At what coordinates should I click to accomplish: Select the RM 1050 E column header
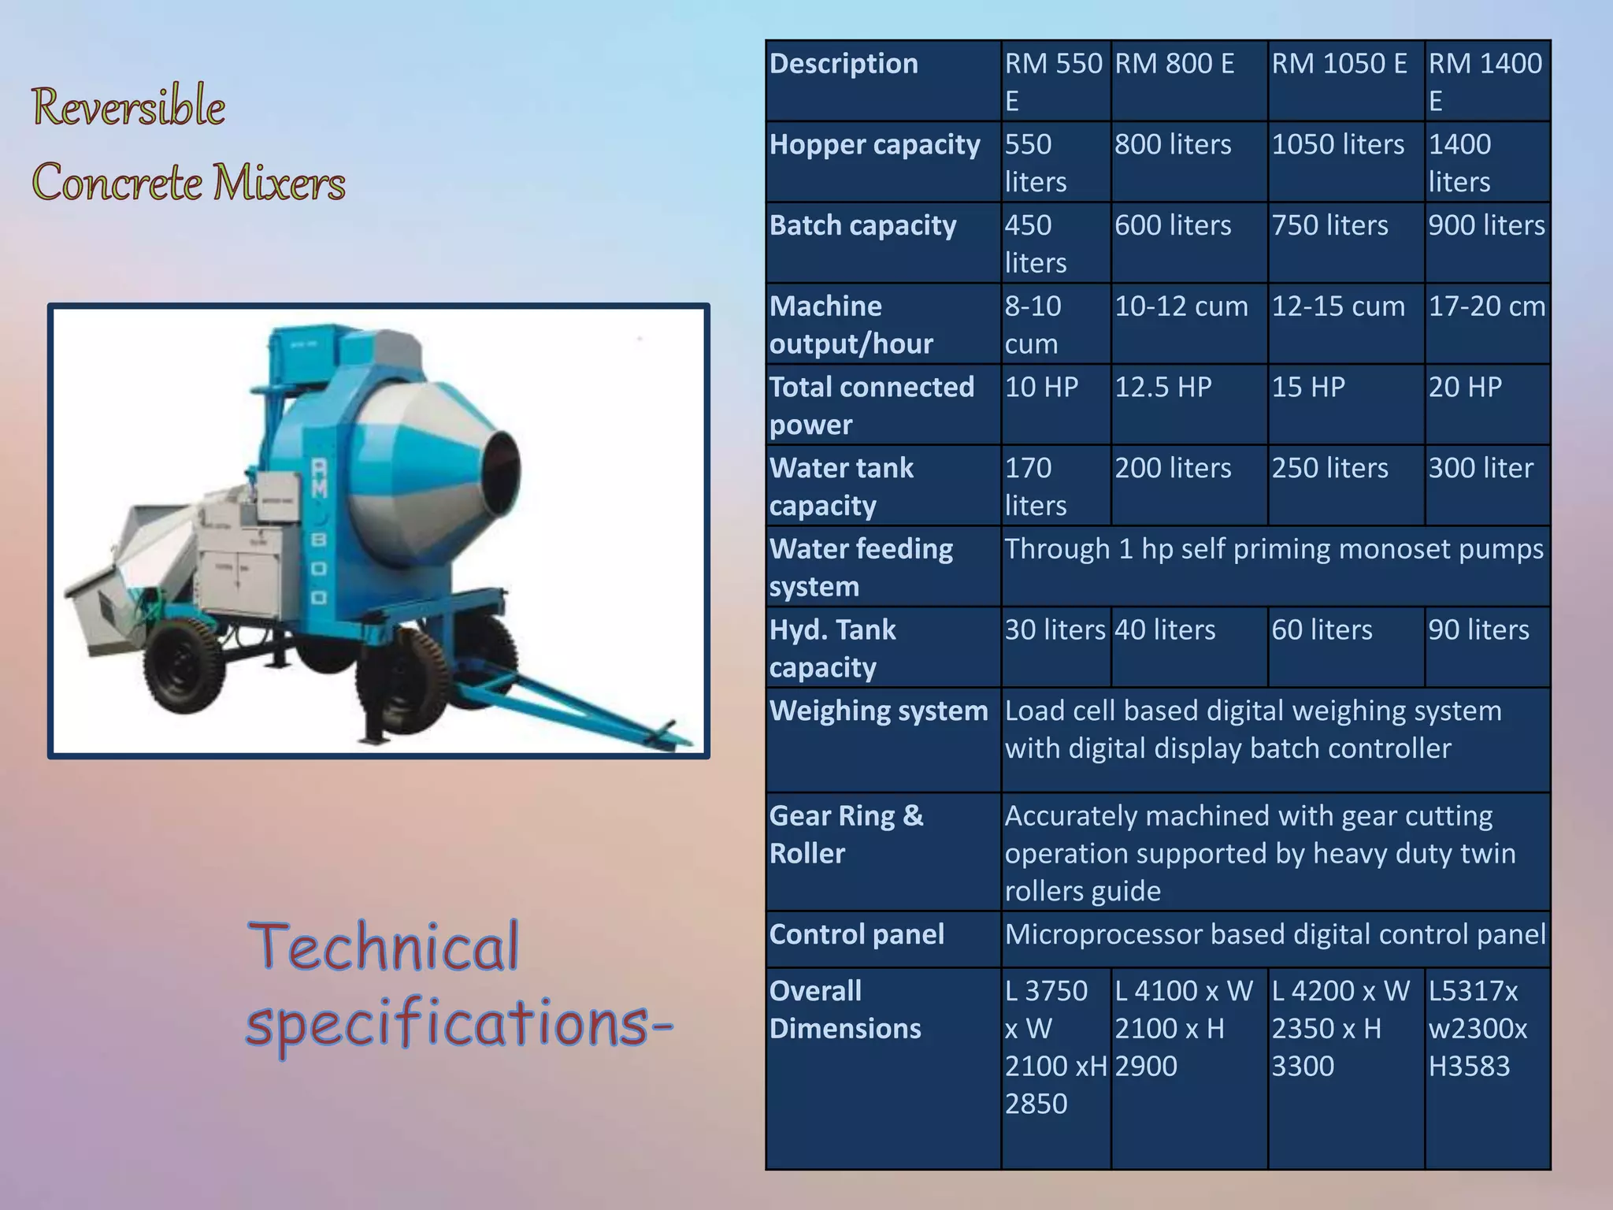[x=1339, y=65]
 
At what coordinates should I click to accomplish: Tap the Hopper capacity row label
[x=874, y=145]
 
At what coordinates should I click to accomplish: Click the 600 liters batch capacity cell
[x=1172, y=226]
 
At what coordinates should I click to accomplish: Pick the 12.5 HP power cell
[x=1162, y=388]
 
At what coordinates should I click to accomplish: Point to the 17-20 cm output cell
[x=1486, y=306]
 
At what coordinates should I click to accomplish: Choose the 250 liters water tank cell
[x=1329, y=469]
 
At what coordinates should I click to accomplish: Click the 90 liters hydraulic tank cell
[x=1478, y=630]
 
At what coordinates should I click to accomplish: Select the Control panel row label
[x=856, y=935]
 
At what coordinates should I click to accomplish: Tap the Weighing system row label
[x=878, y=711]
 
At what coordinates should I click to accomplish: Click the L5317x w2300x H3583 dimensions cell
[x=1478, y=1029]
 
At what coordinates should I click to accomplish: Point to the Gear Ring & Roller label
[x=846, y=834]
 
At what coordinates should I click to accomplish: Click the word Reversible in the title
[x=128, y=107]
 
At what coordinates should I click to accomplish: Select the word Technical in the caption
[x=384, y=947]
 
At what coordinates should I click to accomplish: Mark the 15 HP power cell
[x=1308, y=388]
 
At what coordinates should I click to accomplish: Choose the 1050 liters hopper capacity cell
[x=1337, y=145]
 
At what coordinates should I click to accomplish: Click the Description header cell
[x=844, y=65]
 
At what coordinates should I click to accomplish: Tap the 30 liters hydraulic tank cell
[x=1055, y=630]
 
